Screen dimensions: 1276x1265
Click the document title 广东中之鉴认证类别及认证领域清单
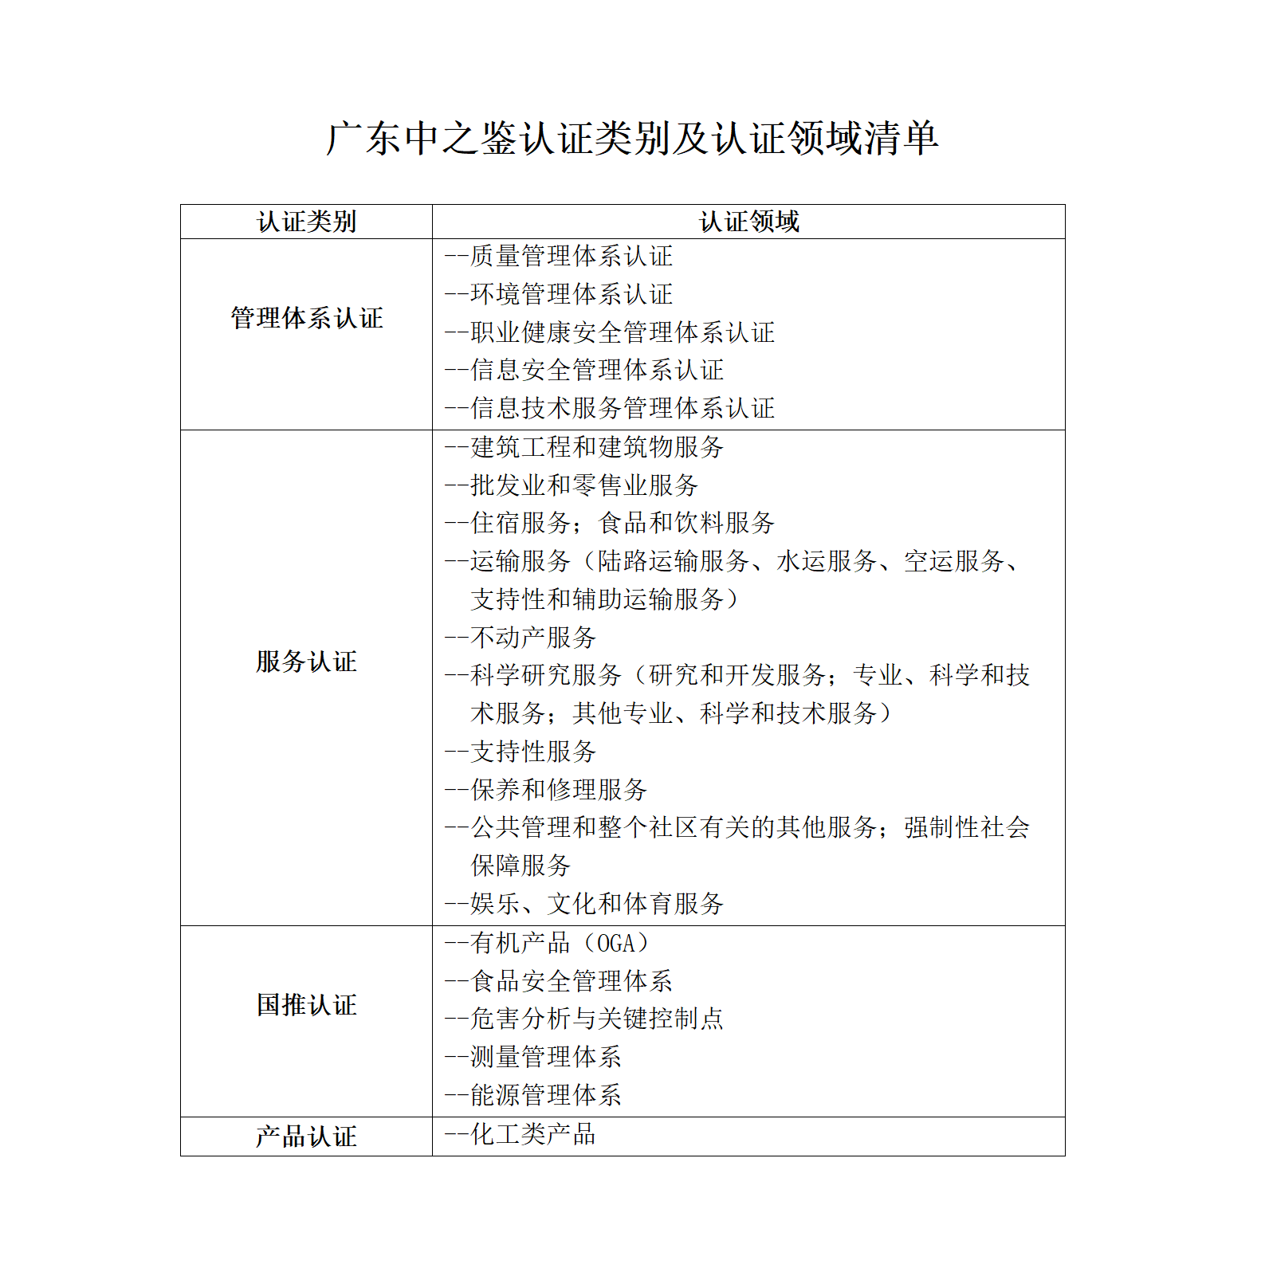tap(632, 138)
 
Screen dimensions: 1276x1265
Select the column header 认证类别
tap(306, 222)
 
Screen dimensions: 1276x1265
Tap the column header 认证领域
tap(748, 222)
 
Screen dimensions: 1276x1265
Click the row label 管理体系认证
tap(306, 318)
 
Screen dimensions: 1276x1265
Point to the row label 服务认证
tap(306, 662)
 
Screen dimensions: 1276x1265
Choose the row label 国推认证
tap(306, 1005)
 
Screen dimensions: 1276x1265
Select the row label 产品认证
tap(306, 1137)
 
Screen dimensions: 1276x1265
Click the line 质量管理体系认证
tap(571, 256)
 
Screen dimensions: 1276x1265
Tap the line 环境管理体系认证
tap(571, 294)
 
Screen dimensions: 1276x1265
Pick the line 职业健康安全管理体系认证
tap(622, 332)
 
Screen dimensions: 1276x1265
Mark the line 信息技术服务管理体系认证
tap(622, 408)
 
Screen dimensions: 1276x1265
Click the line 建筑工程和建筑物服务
tap(596, 447)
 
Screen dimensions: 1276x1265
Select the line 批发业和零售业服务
tap(583, 485)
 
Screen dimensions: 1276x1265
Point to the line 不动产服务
tap(532, 637)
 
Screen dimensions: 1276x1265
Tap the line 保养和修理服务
tap(558, 790)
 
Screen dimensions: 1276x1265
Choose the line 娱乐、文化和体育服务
tap(596, 904)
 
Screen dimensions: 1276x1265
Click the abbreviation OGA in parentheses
tap(616, 944)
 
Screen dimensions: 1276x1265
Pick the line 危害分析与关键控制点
tap(596, 1019)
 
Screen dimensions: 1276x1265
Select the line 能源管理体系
tap(545, 1095)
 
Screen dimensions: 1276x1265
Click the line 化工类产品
tap(532, 1134)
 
